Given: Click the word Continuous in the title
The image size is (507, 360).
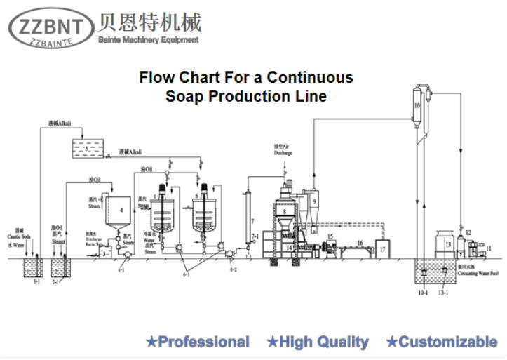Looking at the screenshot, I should point(309,77).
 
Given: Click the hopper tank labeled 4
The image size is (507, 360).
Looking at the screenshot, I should point(121,210).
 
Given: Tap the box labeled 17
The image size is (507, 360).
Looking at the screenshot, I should point(382,247).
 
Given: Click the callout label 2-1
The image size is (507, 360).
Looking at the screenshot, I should point(55,281).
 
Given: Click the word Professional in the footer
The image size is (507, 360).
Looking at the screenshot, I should point(203,342).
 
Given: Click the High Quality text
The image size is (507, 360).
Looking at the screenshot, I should point(323,342).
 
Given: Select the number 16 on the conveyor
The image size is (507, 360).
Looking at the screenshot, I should point(359,242).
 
